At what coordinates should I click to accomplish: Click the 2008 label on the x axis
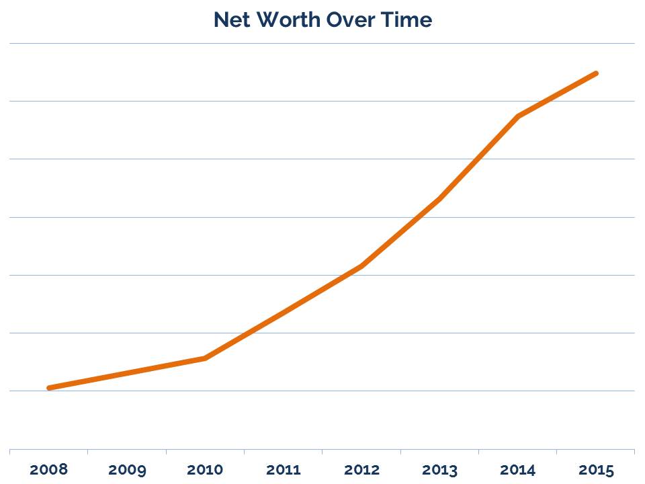[x=48, y=469]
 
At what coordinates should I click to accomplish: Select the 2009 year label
[x=127, y=470]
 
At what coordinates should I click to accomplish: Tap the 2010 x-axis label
[x=205, y=470]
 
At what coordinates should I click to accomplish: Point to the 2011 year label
[x=283, y=470]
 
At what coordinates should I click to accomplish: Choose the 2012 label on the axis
[x=361, y=470]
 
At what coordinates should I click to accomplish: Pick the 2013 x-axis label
[x=439, y=470]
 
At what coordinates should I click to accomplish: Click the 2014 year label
[x=517, y=470]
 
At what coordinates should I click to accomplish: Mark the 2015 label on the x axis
[x=596, y=470]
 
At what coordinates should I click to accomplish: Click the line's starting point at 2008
[x=49, y=388]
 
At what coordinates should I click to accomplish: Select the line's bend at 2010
[x=205, y=358]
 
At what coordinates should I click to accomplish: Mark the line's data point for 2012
[x=361, y=266]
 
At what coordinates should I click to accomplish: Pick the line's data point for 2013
[x=439, y=199]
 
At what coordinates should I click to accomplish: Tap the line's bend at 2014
[x=517, y=116]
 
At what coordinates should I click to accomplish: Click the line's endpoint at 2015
[x=596, y=73]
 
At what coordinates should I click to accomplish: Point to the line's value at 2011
[x=283, y=313]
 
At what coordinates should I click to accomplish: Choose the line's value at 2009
[x=127, y=373]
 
